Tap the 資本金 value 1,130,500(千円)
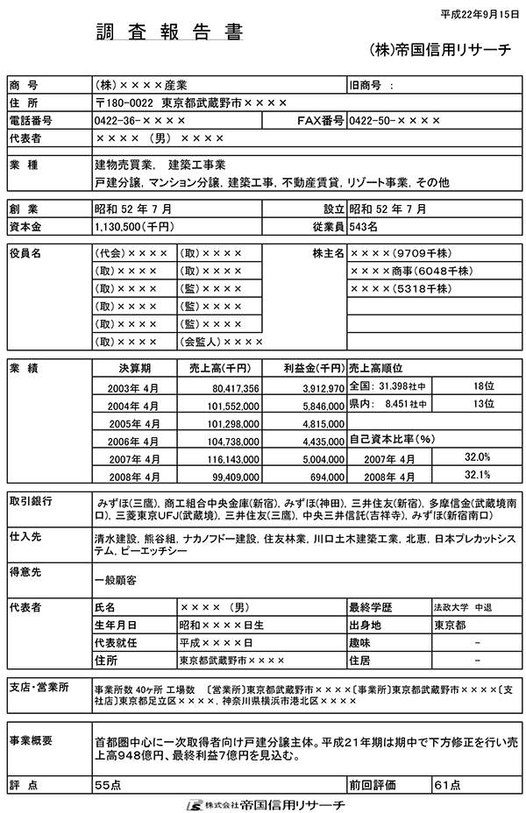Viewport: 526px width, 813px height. (x=133, y=226)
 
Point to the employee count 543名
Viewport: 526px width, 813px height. (x=363, y=226)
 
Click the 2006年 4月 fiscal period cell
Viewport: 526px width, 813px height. (x=136, y=442)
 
